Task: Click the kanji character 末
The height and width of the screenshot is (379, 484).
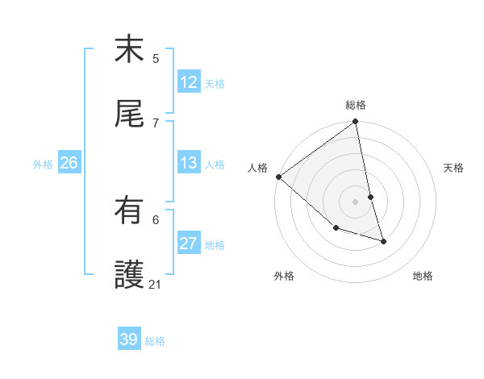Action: [129, 51]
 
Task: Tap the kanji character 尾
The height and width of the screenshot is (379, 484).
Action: [129, 115]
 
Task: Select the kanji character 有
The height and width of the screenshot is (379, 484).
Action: [129, 211]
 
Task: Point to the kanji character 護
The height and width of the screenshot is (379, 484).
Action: [129, 275]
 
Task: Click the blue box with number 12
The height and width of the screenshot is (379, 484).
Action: [188, 82]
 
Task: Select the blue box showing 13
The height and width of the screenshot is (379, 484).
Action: [188, 164]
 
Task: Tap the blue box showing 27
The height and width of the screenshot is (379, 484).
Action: [188, 244]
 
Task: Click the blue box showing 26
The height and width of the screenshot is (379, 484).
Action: [69, 164]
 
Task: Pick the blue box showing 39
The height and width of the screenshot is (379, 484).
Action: [129, 339]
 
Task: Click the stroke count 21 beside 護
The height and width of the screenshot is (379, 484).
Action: [156, 284]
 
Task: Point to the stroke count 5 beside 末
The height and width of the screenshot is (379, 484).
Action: [156, 58]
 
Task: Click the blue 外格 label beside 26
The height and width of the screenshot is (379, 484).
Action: [43, 165]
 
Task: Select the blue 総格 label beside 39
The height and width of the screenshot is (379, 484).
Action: [155, 341]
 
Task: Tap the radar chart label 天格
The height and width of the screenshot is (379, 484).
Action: [454, 168]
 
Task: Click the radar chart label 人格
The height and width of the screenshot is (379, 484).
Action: [258, 168]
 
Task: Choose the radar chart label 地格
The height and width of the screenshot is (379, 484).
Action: [423, 276]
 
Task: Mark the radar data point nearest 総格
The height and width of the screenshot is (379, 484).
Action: [355, 123]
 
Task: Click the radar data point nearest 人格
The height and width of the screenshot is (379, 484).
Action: [278, 177]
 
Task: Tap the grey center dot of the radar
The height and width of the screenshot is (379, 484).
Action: [355, 202]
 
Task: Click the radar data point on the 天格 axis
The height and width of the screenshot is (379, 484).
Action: [370, 197]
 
